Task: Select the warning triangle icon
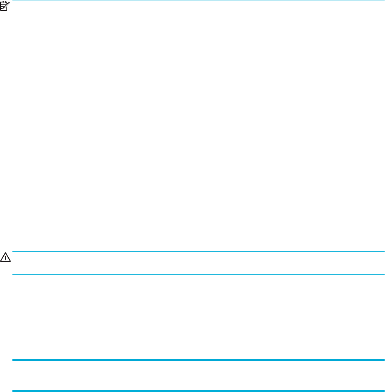5,257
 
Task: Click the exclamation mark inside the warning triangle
5,257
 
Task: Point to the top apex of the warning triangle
5,254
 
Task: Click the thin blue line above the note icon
199,0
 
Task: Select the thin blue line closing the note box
199,38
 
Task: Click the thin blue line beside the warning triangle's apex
199,251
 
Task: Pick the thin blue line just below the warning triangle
199,274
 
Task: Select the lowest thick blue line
199,390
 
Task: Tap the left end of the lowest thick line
13,390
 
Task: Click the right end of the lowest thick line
384,390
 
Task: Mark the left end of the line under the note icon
13,38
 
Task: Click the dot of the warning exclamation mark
5,259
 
